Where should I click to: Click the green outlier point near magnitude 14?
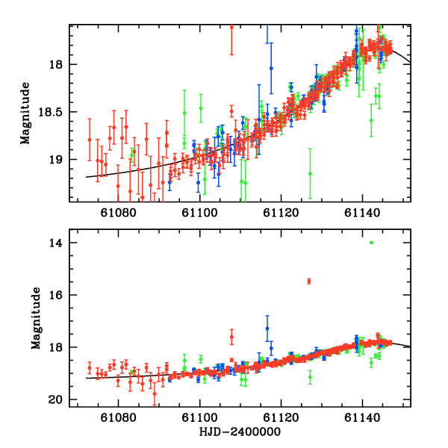coord(371,242)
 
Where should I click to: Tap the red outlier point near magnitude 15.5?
coord(308,281)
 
